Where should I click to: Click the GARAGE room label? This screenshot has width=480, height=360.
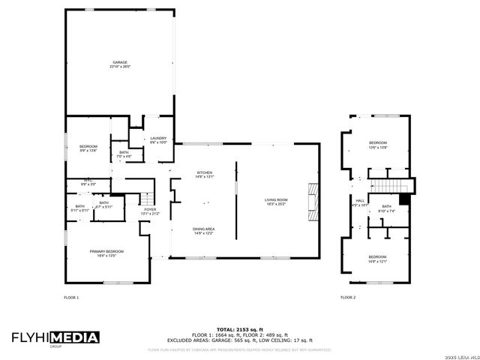(x=120, y=62)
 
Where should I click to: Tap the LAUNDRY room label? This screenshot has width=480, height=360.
(x=158, y=139)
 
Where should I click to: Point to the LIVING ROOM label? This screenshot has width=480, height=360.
(x=276, y=200)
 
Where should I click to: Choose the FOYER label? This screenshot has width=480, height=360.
(x=150, y=209)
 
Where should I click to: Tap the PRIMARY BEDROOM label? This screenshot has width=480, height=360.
(x=107, y=250)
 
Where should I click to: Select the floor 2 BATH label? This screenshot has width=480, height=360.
(x=386, y=206)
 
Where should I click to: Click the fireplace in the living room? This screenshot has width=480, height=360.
(x=312, y=201)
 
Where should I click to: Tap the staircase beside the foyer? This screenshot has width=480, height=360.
(x=133, y=199)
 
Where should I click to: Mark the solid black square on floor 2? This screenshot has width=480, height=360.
(x=404, y=199)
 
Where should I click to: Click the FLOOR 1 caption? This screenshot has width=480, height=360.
(x=71, y=298)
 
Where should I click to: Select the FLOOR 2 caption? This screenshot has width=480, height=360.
(x=348, y=298)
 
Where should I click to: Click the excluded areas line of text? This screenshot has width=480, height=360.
(x=239, y=340)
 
